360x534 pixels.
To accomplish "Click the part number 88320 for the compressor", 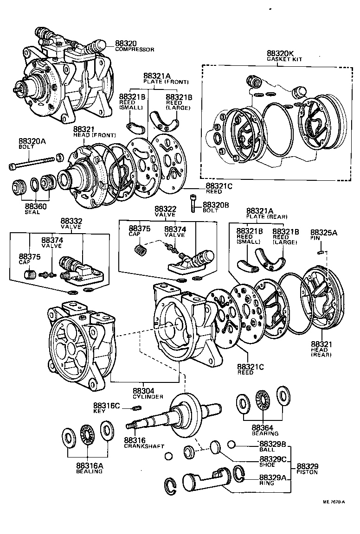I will point(114,44).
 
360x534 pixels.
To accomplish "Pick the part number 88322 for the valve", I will point(165,209).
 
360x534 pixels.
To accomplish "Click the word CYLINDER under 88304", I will point(148,397).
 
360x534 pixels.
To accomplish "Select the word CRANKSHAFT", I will point(144,446).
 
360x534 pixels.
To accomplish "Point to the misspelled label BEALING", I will point(89,471).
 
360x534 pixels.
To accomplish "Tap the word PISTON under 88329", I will point(307,472).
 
